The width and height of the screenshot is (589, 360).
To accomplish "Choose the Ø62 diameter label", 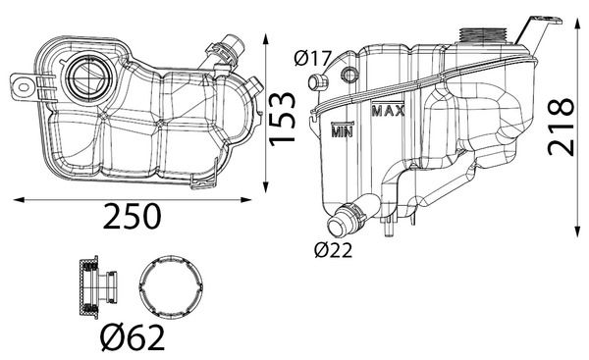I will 134,338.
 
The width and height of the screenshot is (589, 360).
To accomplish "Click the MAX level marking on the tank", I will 390,111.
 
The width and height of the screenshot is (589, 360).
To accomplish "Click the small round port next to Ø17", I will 347,75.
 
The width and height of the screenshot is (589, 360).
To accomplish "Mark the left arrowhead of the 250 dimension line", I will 15,199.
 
